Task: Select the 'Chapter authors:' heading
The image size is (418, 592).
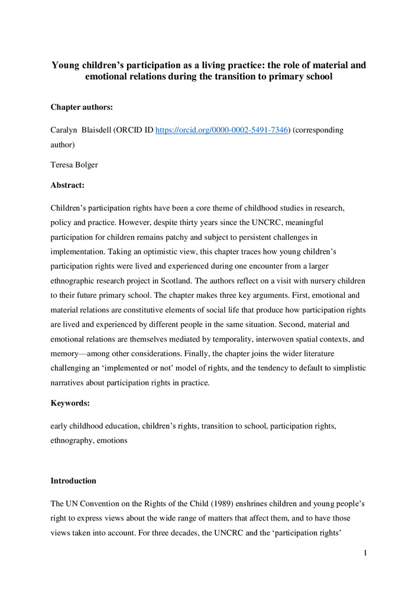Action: [77, 107]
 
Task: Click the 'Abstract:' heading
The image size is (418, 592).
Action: [67, 186]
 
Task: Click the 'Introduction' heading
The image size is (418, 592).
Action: [73, 481]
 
